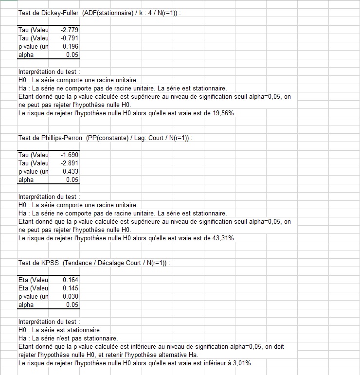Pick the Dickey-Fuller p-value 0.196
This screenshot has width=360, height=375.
coord(71,46)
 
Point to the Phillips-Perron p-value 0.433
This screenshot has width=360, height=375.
coord(71,171)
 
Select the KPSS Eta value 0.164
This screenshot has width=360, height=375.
coord(71,280)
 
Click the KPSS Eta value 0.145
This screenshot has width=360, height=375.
coord(71,288)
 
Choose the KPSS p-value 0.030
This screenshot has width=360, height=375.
coord(71,296)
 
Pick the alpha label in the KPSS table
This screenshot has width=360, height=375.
coord(26,304)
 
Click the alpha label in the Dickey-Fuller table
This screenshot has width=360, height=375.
coord(26,54)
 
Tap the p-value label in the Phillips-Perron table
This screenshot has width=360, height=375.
coord(33,171)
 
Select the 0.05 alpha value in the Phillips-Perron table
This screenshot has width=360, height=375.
coord(72,179)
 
